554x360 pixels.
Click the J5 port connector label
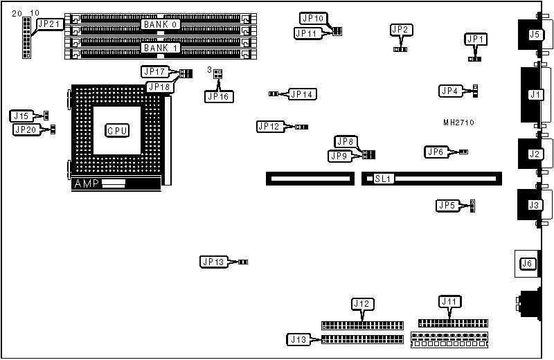tap(534, 34)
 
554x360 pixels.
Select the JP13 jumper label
tap(213, 262)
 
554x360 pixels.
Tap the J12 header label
tap(362, 304)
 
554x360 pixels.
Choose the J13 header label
tap(298, 339)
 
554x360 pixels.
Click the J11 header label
tap(449, 301)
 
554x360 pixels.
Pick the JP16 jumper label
tap(218, 96)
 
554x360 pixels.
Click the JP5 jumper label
tap(447, 205)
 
